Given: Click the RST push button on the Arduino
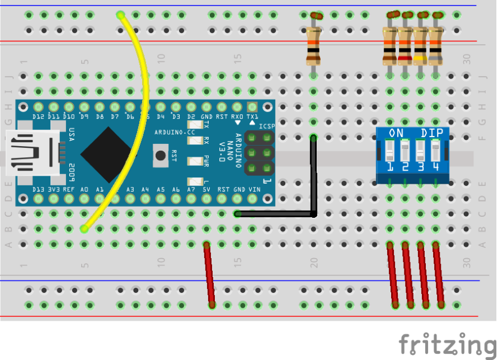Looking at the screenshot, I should click(x=162, y=155).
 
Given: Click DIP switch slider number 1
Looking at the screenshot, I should click(x=391, y=150).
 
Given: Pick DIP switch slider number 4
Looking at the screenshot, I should click(x=435, y=150).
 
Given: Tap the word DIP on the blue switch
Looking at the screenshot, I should click(x=431, y=133).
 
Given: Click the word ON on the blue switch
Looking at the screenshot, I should click(x=396, y=133).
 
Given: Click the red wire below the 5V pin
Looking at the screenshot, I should click(x=209, y=274).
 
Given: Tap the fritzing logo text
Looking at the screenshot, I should click(x=447, y=343).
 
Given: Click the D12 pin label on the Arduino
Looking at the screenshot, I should click(x=39, y=116).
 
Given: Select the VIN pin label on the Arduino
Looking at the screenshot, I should click(x=255, y=189).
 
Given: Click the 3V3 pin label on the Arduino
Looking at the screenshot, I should click(x=54, y=189).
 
